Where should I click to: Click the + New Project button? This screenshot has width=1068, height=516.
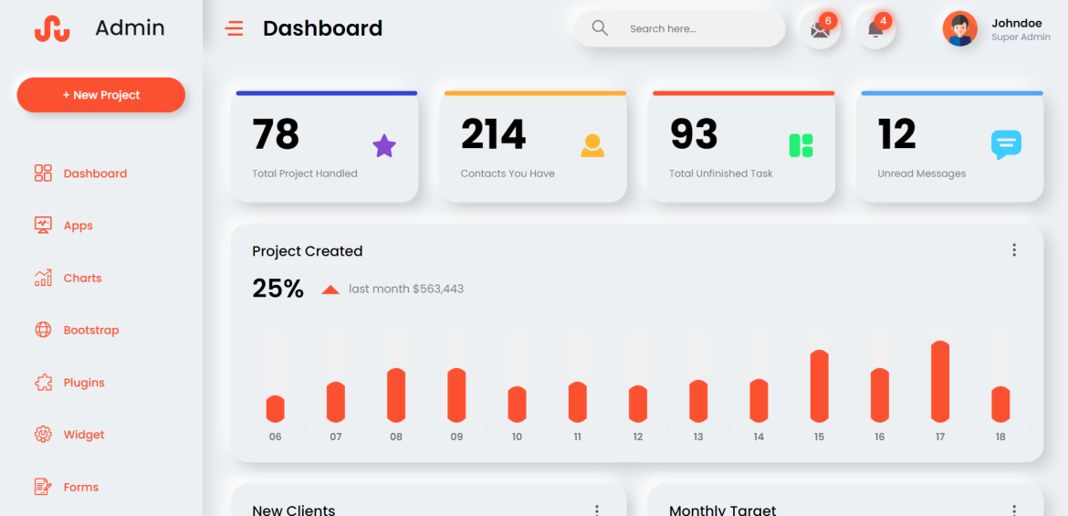pos(100,95)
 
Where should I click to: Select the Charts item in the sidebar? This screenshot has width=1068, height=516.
pos(82,278)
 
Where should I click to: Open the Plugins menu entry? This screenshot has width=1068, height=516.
pos(83,383)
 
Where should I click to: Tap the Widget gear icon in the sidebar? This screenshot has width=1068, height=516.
pos(43,435)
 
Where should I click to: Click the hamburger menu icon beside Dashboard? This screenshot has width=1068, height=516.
pos(235,29)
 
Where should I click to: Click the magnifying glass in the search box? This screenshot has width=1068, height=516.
pos(600,28)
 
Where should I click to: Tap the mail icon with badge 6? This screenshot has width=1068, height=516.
pos(820,30)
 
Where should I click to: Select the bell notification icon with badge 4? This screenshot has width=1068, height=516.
pos(874,30)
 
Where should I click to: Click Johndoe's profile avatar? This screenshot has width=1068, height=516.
pos(959,29)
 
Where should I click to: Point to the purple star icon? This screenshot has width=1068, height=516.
pos(384,145)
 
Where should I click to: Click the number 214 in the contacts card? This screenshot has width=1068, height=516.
pos(493,135)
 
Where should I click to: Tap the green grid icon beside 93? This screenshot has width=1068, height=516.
pos(801,145)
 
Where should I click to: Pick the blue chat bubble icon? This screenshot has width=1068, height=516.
pos(1006,144)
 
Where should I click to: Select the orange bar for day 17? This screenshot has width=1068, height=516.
pos(940,382)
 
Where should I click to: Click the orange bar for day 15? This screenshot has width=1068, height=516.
pos(819,386)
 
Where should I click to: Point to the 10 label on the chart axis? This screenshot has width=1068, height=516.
pos(517,437)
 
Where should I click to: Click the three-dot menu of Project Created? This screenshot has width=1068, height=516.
pos(1013,250)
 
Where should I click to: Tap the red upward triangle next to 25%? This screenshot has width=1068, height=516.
pos(330,290)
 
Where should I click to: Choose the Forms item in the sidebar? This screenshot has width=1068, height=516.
pos(80,487)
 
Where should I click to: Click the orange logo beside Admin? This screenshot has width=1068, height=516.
pos(52,29)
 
